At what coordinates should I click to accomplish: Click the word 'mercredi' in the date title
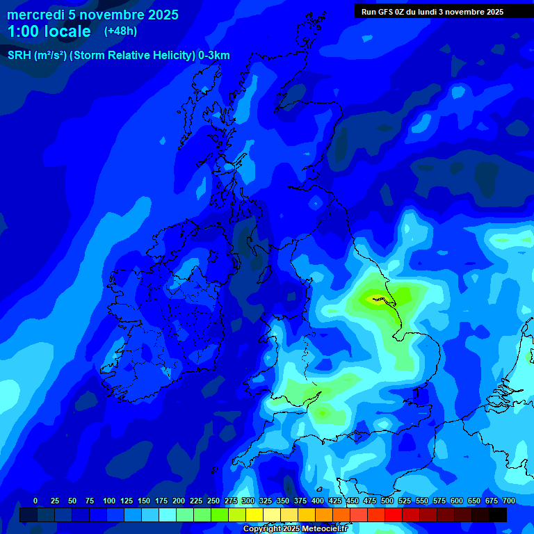(35, 15)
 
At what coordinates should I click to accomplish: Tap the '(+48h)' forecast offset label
(120, 31)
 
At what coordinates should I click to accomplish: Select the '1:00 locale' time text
(49, 31)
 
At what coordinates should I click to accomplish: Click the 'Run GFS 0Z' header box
(432, 11)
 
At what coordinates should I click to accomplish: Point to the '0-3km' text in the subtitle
(213, 56)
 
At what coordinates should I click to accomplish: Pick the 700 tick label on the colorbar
(508, 501)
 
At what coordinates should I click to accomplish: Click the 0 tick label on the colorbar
(35, 501)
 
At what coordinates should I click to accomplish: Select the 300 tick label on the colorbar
(248, 501)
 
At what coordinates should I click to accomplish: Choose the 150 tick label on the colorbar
(143, 501)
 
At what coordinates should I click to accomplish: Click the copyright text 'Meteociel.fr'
(319, 529)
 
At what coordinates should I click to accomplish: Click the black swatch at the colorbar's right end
(498, 515)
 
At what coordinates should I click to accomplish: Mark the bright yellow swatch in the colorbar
(254, 515)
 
